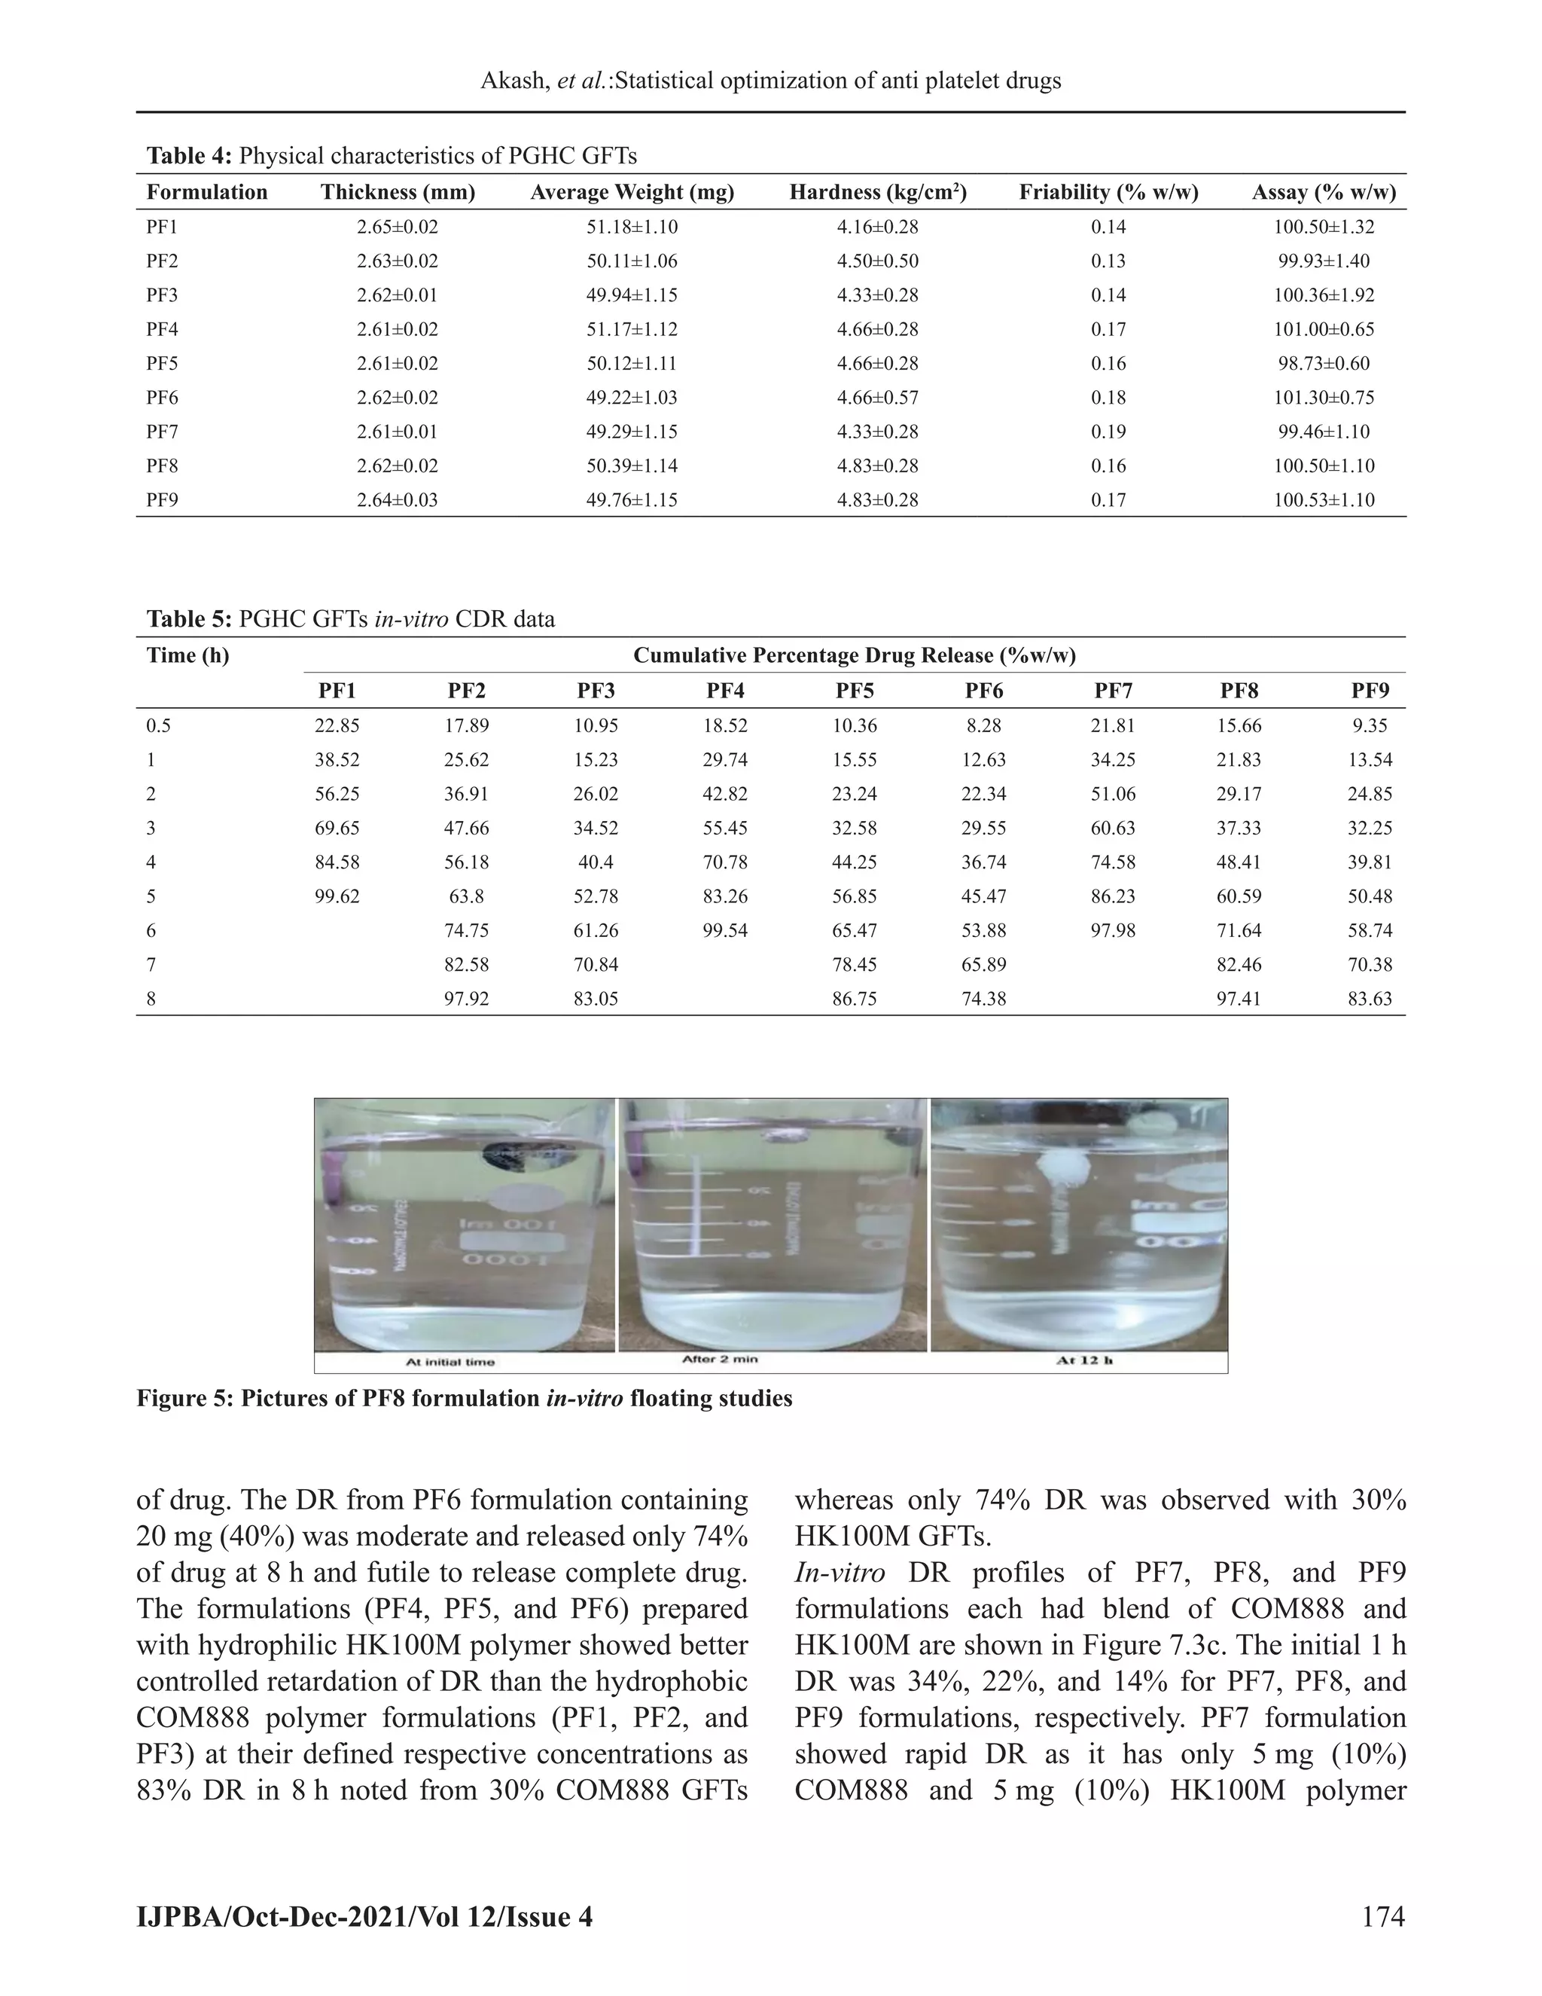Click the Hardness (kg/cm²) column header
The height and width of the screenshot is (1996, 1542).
tap(878, 192)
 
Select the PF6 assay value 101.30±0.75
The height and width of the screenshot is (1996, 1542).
tap(1324, 398)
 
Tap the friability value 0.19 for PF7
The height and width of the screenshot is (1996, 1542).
tap(1108, 432)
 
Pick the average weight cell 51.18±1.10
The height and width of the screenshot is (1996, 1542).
tap(632, 227)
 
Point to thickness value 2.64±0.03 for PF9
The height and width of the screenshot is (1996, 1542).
tap(398, 500)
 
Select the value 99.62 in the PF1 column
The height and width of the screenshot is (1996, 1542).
tap(337, 896)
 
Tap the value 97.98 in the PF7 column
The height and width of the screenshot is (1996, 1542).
tap(1114, 930)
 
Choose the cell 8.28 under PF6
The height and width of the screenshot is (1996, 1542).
tap(984, 725)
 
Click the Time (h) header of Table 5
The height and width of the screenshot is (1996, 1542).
tap(188, 655)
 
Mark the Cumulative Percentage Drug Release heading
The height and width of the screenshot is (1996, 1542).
tap(854, 655)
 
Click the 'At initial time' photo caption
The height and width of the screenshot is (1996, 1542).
tap(449, 1362)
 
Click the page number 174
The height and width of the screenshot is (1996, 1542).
tap(1382, 1915)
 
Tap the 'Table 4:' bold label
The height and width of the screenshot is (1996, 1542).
tap(189, 156)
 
